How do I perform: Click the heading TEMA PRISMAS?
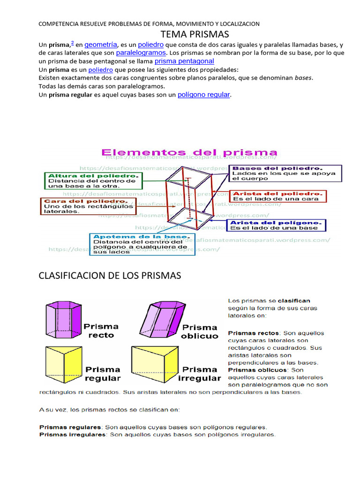pos(194,34)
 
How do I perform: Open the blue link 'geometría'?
pos(101,45)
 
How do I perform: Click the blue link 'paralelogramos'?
pos(141,53)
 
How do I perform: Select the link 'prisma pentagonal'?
pos(184,61)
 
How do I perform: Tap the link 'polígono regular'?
pos(204,95)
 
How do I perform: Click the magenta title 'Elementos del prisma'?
pos(189,153)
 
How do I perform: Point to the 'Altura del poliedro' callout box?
pos(93,180)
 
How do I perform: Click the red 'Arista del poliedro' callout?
pos(277,196)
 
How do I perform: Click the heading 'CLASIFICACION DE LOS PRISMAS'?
pos(109,276)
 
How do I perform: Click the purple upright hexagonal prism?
pos(62,318)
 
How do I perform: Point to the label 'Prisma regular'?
pos(102,374)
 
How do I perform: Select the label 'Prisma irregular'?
pos(200,374)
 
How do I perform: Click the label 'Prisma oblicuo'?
pos(200,331)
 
